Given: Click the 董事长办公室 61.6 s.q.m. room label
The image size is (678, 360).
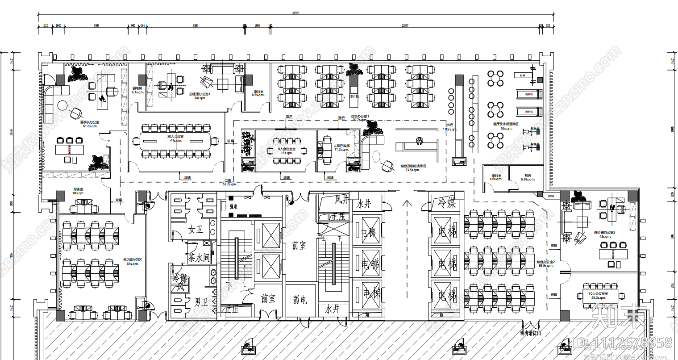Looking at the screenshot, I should tap(90, 124).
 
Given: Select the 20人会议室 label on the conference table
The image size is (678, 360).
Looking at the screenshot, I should tap(175, 138).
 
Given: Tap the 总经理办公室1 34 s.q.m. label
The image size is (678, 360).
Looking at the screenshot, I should tap(200, 96).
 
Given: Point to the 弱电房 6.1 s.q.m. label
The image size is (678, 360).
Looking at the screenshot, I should tap(137, 90).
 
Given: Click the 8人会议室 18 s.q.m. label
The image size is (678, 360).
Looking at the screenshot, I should tap(287, 151).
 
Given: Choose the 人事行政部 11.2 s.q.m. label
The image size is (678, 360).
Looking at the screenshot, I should tap(341, 147).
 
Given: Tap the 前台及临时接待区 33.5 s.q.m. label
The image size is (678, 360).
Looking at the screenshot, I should tap(412, 167).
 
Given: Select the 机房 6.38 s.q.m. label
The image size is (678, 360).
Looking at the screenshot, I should tap(528, 177).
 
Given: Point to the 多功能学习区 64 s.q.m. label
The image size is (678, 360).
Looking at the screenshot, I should tap(133, 261).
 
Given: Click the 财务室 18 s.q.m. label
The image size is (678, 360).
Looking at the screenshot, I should tap(78, 191).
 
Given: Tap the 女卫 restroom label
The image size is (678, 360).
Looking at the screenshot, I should tap(195, 230).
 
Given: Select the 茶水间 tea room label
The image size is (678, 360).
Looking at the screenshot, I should tap(198, 258).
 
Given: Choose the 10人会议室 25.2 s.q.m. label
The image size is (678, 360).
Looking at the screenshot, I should tap(598, 295).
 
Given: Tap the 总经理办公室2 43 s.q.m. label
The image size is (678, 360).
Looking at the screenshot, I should tap(605, 234).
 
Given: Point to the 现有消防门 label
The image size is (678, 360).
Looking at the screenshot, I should tap(531, 333).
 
